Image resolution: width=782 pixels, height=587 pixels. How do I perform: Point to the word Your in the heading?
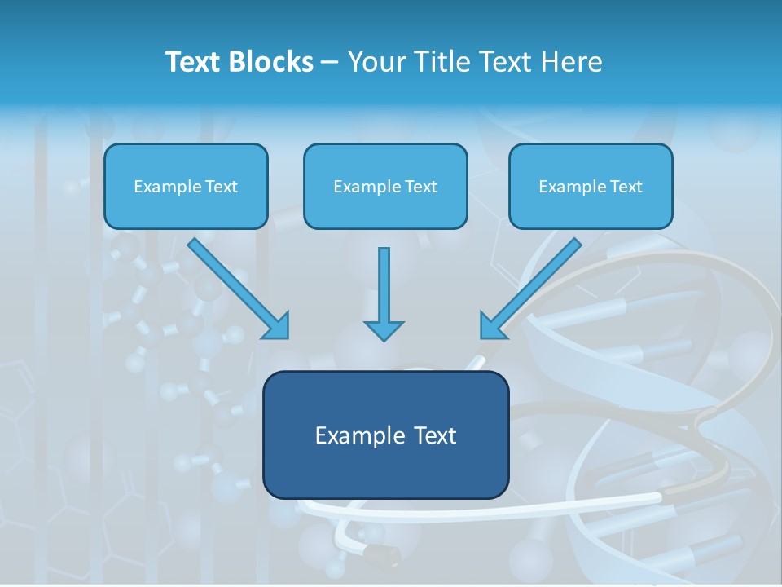click(376, 62)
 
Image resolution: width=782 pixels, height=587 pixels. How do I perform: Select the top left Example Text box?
click(186, 186)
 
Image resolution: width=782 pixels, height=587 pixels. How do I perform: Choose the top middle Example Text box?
click(385, 186)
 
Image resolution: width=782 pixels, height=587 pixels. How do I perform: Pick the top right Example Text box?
click(591, 186)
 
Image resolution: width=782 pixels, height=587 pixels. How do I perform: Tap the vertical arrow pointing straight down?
click(384, 289)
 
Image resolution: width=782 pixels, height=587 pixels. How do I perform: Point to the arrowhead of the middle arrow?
click(384, 329)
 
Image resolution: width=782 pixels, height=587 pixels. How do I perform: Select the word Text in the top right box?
click(626, 187)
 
